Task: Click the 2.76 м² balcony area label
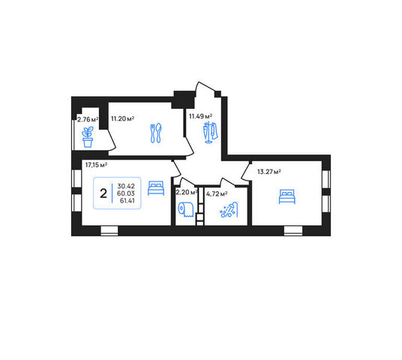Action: click(x=88, y=119)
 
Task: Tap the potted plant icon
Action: click(x=88, y=137)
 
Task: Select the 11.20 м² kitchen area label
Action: click(x=122, y=118)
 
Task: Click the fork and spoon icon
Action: click(x=156, y=133)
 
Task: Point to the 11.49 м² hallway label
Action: click(x=200, y=116)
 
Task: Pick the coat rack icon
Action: click(x=210, y=132)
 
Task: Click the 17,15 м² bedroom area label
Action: click(x=96, y=165)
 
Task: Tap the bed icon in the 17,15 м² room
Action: click(x=156, y=188)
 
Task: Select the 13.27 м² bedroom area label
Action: click(x=269, y=172)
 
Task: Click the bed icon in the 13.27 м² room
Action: click(x=287, y=196)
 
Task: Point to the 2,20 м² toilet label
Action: click(x=187, y=192)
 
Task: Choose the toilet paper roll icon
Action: click(x=185, y=209)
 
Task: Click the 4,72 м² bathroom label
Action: click(x=217, y=193)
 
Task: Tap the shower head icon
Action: click(x=229, y=209)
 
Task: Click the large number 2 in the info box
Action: click(x=103, y=193)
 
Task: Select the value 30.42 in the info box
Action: click(x=126, y=186)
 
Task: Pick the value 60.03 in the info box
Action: click(x=126, y=193)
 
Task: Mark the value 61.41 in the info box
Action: click(x=127, y=200)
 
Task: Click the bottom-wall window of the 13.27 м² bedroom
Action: click(x=293, y=231)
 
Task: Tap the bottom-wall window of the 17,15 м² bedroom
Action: click(x=109, y=231)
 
